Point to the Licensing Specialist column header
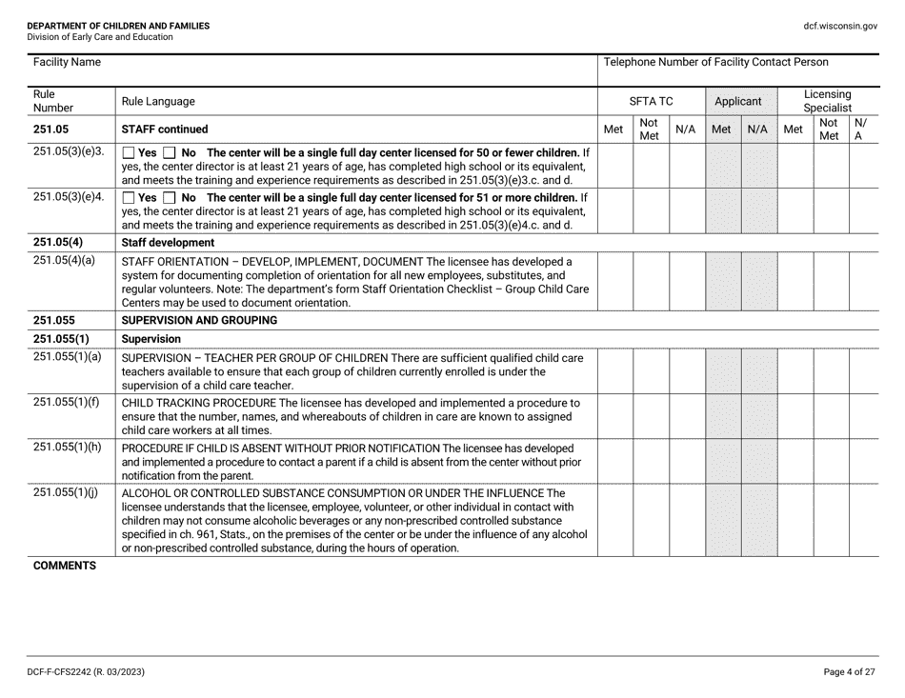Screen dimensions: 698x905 coord(827,99)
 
